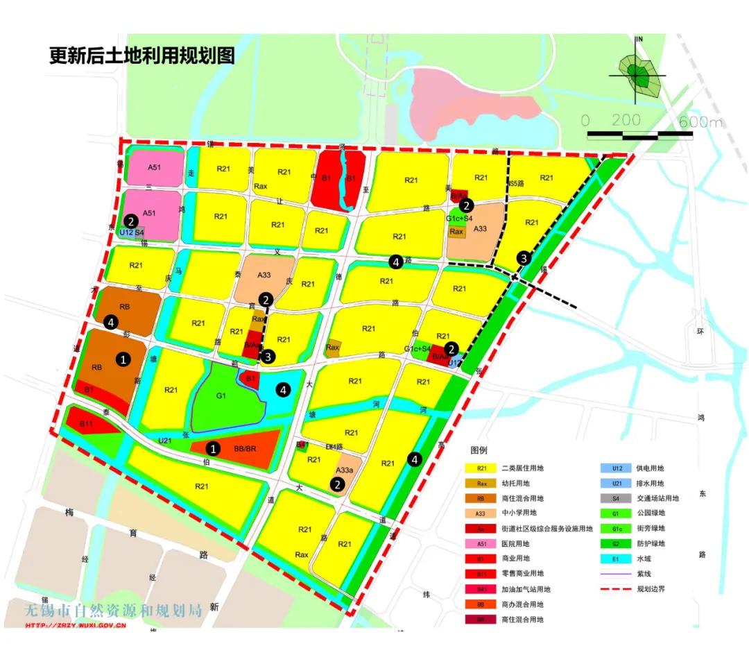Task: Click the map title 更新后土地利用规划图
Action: click(x=142, y=55)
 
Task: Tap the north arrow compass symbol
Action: click(x=638, y=72)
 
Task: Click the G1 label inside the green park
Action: click(x=221, y=396)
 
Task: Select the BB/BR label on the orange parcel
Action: click(x=246, y=449)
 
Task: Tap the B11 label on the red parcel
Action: click(x=86, y=424)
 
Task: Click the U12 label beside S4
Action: click(x=126, y=232)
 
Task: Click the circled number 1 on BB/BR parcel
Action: click(x=214, y=449)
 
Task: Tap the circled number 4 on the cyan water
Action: click(x=283, y=390)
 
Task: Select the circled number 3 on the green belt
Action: click(x=524, y=258)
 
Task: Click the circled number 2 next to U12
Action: click(x=130, y=221)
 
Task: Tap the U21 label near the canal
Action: click(x=165, y=441)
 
